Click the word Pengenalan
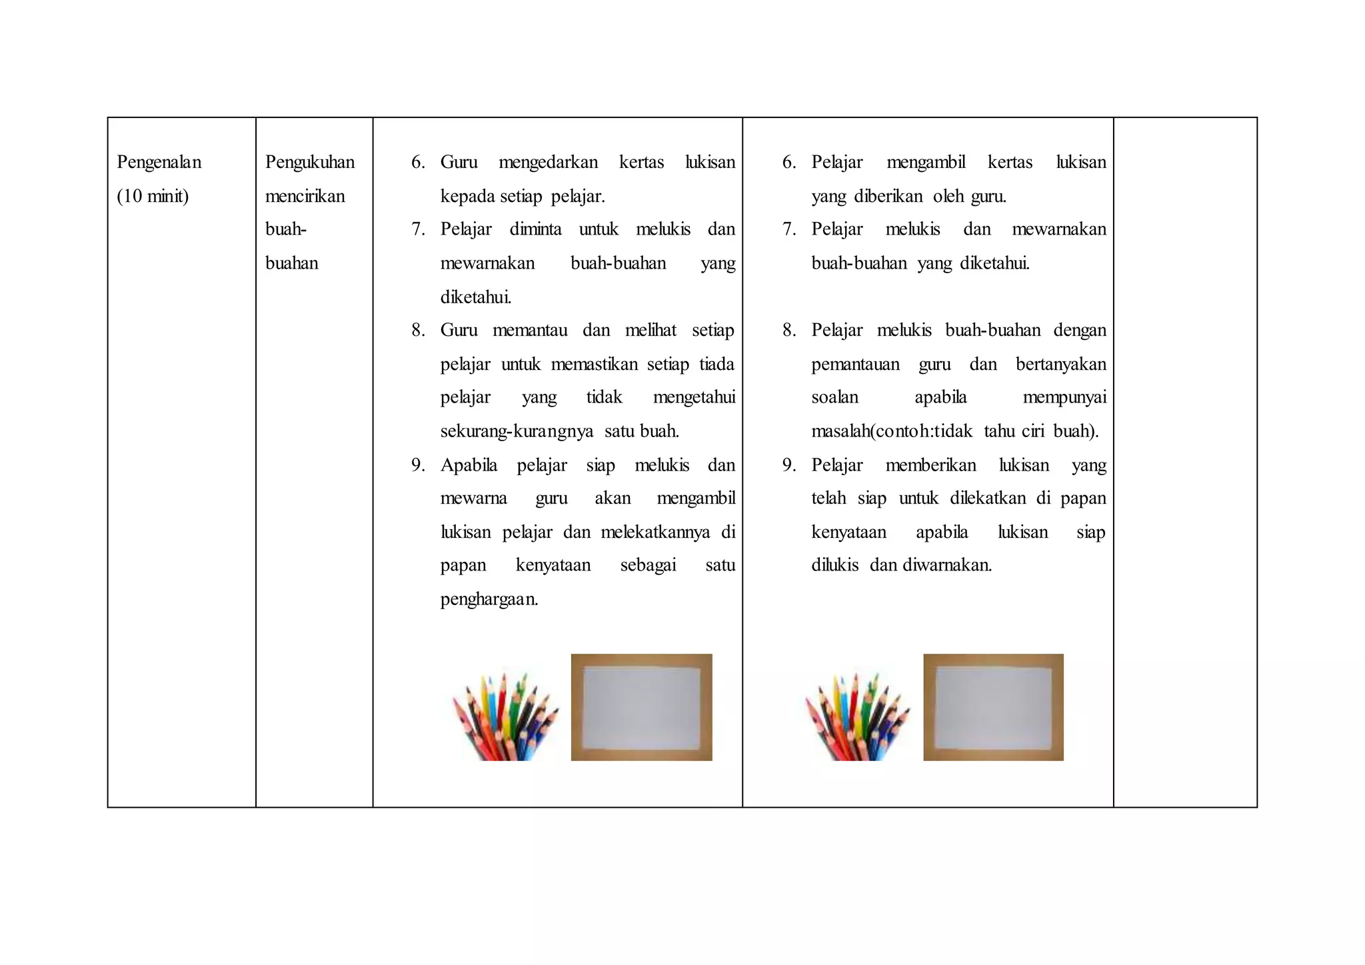pos(159,162)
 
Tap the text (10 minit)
pos(153,196)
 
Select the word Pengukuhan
pos(310,162)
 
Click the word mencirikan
pos(305,196)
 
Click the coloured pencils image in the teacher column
pos(505,716)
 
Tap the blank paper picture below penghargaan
pos(641,707)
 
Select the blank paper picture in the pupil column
pos(993,707)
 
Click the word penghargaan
pos(489,599)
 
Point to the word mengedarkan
pos(548,162)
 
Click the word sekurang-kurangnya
pos(517,431)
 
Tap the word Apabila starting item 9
pos(469,465)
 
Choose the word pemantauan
pos(855,365)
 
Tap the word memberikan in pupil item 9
pos(930,465)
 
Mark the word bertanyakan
pos(1060,365)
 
